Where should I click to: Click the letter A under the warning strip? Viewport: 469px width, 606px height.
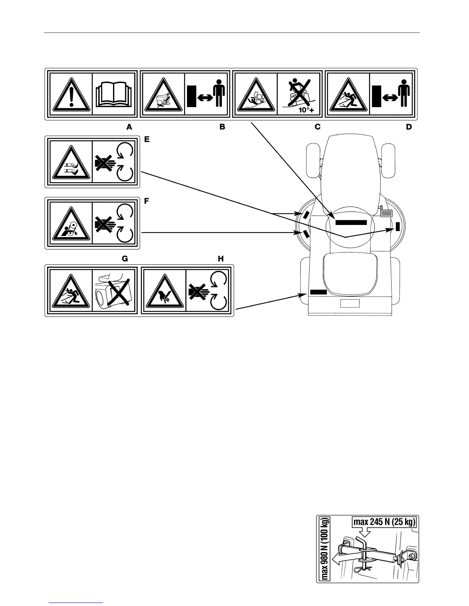click(x=130, y=127)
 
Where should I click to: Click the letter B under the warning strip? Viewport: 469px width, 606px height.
click(x=222, y=127)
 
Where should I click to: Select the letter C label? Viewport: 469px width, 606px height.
click(x=317, y=127)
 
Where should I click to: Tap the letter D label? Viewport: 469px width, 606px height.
click(x=409, y=127)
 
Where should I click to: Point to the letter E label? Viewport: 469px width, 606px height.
click(x=146, y=140)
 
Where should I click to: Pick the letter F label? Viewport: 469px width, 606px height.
click(x=146, y=202)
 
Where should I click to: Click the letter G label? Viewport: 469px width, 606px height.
click(x=125, y=259)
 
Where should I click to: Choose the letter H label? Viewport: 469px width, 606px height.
click(x=221, y=259)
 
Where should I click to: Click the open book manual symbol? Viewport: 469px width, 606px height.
click(x=115, y=94)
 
